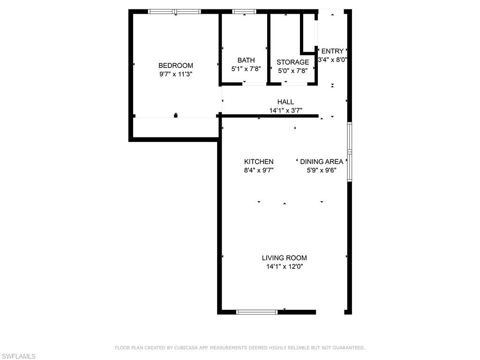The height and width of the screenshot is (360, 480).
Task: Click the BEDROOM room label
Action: pyautogui.click(x=176, y=66)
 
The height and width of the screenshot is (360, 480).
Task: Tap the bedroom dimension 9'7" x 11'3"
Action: pyautogui.click(x=176, y=74)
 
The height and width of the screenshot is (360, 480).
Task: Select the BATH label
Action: pyautogui.click(x=246, y=60)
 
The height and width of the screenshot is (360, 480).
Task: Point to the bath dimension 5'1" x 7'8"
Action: pyautogui.click(x=246, y=68)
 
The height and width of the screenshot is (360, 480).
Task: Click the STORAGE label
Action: pyautogui.click(x=293, y=62)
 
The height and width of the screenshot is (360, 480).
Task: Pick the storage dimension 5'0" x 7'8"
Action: pyautogui.click(x=293, y=71)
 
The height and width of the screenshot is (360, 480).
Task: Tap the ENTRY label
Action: pyautogui.click(x=332, y=51)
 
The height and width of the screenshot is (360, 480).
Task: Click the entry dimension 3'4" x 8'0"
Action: pyautogui.click(x=332, y=60)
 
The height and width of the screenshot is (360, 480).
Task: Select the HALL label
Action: pyautogui.click(x=285, y=102)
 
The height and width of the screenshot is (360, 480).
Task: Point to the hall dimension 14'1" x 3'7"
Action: pyautogui.click(x=285, y=111)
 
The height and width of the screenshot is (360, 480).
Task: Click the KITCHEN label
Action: pyautogui.click(x=259, y=162)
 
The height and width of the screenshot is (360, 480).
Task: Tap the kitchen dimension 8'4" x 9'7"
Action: pyautogui.click(x=259, y=171)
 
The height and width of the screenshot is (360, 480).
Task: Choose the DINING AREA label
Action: pyautogui.click(x=322, y=162)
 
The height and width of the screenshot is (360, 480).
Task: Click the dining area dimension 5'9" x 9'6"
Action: pyautogui.click(x=322, y=171)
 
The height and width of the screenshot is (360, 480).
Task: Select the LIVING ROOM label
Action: pyautogui.click(x=285, y=258)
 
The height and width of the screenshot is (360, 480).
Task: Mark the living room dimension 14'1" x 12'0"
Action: pyautogui.click(x=285, y=267)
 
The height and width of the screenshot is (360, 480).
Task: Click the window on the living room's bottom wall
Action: pyautogui.click(x=257, y=312)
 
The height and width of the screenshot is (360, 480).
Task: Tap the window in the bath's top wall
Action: pyautogui.click(x=245, y=11)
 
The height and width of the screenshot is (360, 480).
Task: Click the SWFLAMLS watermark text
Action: pyautogui.click(x=18, y=357)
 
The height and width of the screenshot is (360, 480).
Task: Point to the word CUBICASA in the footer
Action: pyautogui.click(x=186, y=348)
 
